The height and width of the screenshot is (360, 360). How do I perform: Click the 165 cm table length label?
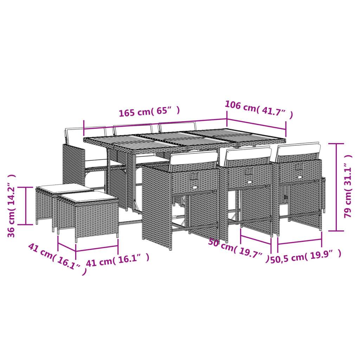(149, 112)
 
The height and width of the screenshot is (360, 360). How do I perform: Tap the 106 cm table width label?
(258, 109)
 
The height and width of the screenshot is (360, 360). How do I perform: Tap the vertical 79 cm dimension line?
(336, 187)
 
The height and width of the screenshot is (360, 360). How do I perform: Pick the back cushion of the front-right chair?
(299, 149)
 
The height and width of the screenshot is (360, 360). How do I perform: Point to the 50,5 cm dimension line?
(300, 242)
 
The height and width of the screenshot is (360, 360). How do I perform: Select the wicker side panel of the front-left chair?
(157, 206)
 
